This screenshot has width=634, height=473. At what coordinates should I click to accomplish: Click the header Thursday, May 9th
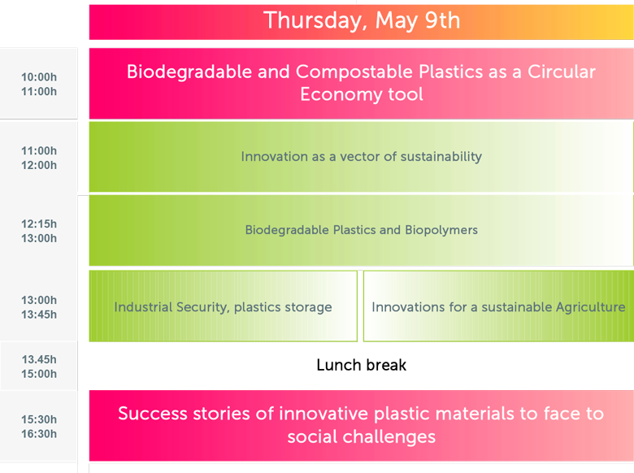362,20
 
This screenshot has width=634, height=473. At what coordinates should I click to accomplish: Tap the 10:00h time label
39,77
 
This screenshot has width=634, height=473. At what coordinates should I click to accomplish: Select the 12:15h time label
39,223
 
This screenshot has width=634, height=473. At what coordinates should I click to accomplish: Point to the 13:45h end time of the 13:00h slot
39,315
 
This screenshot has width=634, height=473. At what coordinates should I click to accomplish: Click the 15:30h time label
39,419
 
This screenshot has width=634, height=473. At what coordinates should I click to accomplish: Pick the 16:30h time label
39,434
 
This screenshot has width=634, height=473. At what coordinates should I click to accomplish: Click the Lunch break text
362,365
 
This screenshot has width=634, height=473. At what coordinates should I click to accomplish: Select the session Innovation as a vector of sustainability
362,157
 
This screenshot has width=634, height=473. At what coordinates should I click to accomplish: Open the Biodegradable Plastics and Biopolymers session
362,231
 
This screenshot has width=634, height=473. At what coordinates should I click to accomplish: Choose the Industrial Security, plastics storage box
224,306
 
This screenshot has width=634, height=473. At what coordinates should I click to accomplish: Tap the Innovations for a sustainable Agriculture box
498,306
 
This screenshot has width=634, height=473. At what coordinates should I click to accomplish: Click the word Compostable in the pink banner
354,72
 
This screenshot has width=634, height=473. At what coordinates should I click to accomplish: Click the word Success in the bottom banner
153,414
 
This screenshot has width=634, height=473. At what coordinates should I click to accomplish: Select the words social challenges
362,436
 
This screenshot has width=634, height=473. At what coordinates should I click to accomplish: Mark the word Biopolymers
441,230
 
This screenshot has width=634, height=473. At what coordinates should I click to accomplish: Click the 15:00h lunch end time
39,374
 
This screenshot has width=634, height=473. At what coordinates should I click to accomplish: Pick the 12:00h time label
39,165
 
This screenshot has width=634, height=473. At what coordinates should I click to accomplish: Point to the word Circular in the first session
561,72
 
